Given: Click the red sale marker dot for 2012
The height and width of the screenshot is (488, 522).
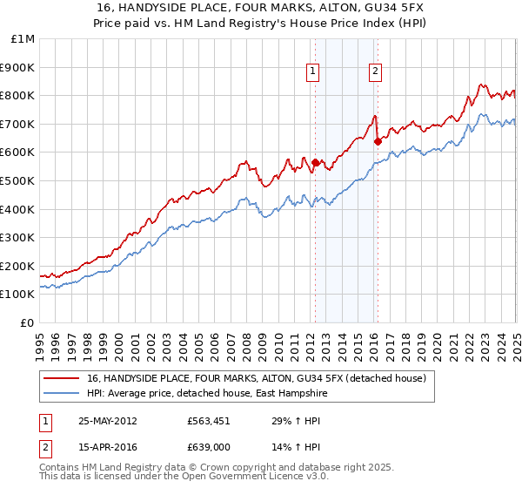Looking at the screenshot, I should [x=315, y=161].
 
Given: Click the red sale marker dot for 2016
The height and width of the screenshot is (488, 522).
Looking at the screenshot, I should [x=377, y=140].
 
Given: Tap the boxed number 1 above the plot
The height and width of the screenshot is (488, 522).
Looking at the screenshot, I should [x=312, y=72].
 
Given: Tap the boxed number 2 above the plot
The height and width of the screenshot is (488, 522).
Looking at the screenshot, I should [x=375, y=72].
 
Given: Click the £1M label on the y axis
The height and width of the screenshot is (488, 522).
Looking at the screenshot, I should [x=23, y=38].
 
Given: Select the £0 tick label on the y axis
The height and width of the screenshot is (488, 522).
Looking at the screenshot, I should [x=28, y=322].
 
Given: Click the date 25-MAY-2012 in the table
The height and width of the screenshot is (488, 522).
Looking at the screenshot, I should [x=107, y=420].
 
